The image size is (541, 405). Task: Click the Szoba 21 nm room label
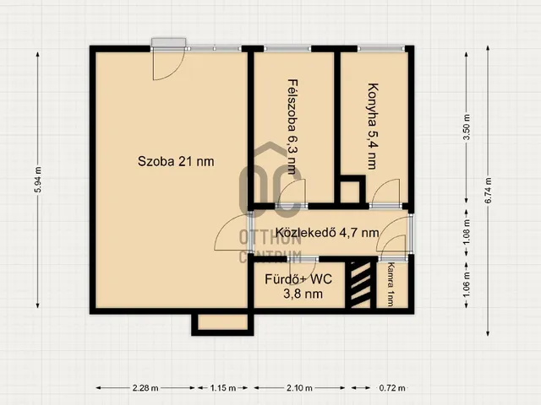176,161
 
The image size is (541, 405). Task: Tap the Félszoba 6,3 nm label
292,127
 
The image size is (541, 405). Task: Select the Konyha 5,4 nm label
372,126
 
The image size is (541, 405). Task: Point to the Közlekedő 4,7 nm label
327,233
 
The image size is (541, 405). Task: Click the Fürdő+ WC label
298,279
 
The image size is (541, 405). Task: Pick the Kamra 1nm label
391,284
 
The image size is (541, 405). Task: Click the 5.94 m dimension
38,180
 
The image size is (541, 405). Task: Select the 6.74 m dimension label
489,191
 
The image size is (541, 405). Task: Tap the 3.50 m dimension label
467,127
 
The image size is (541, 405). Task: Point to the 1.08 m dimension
467,233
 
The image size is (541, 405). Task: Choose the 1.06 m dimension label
467,285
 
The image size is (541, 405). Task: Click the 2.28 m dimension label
145,388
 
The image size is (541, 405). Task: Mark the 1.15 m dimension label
223,388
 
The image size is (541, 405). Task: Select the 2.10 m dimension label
299,388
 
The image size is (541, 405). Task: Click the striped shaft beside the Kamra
361,285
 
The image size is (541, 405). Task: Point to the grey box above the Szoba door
169,42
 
